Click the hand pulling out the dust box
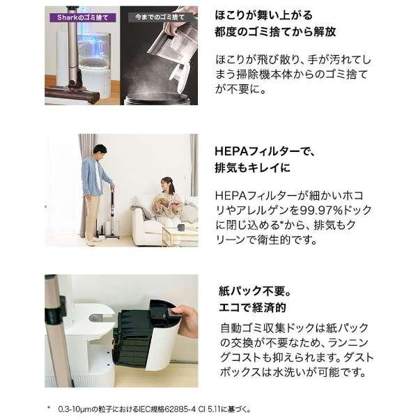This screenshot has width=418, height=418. [x=185, y=316]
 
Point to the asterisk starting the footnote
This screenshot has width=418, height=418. [x=49, y=406]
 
